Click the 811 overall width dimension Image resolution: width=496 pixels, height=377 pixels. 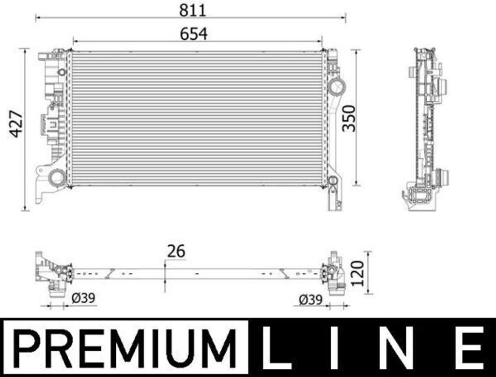193,10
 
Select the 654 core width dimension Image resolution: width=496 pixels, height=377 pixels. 194,34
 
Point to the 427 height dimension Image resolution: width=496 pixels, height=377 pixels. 16,124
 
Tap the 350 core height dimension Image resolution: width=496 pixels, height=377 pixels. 349,118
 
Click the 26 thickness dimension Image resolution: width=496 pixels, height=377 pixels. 176,251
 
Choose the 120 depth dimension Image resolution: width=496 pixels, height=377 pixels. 358,273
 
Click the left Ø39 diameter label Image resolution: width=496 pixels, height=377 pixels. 83,298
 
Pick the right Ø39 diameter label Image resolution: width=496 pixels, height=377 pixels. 310,299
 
